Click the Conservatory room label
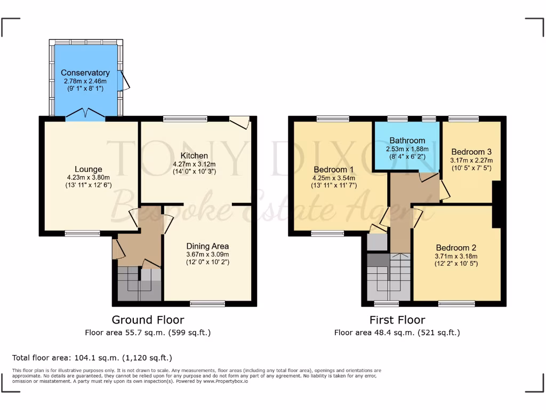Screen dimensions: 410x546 pyautogui.click(x=85, y=73)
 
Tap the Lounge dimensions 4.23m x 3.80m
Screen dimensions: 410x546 pyautogui.click(x=89, y=178)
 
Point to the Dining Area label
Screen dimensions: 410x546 pyautogui.click(x=207, y=246)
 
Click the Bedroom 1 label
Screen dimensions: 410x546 pyautogui.click(x=334, y=170)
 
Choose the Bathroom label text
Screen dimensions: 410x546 pyautogui.click(x=407, y=141)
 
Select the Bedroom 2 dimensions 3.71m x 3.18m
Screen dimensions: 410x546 pyautogui.click(x=456, y=256)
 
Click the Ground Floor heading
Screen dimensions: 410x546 pyautogui.click(x=148, y=320)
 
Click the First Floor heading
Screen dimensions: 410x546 pyautogui.click(x=397, y=320)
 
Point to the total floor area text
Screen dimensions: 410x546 pyautogui.click(x=92, y=358)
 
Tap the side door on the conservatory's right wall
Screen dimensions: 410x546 pyautogui.click(x=123, y=80)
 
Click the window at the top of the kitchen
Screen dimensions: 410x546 pyautogui.click(x=185, y=119)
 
